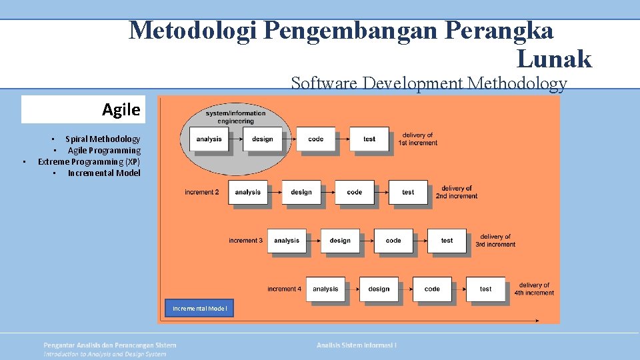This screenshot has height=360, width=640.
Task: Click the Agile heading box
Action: click(83, 110)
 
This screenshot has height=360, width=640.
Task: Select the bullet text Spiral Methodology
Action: click(103, 139)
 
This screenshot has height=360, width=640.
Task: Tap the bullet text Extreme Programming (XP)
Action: click(89, 162)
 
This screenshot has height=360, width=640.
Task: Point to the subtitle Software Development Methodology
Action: click(429, 83)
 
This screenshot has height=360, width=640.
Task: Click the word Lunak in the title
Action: click(554, 59)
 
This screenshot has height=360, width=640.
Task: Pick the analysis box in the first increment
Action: click(209, 139)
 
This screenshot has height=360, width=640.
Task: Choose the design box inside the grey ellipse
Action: click(263, 139)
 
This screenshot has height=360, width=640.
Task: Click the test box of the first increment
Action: click(369, 139)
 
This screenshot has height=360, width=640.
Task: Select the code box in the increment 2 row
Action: click(355, 192)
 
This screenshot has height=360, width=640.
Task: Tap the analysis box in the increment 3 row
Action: click(287, 241)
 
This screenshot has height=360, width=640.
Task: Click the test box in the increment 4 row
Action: click(485, 289)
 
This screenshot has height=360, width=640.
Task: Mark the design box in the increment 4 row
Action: click(379, 289)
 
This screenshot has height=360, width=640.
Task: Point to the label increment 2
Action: click(202, 193)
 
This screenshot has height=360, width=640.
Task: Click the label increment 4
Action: click(285, 289)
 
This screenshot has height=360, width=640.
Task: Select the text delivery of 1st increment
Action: click(418, 139)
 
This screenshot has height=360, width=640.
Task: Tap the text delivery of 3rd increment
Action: click(495, 241)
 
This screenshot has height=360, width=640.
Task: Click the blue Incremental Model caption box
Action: click(199, 308)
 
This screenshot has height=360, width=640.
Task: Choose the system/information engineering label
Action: click(235, 117)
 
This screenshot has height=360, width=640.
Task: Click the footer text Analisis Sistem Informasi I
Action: click(357, 345)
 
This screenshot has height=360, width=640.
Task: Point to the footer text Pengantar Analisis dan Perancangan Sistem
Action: click(110, 345)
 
